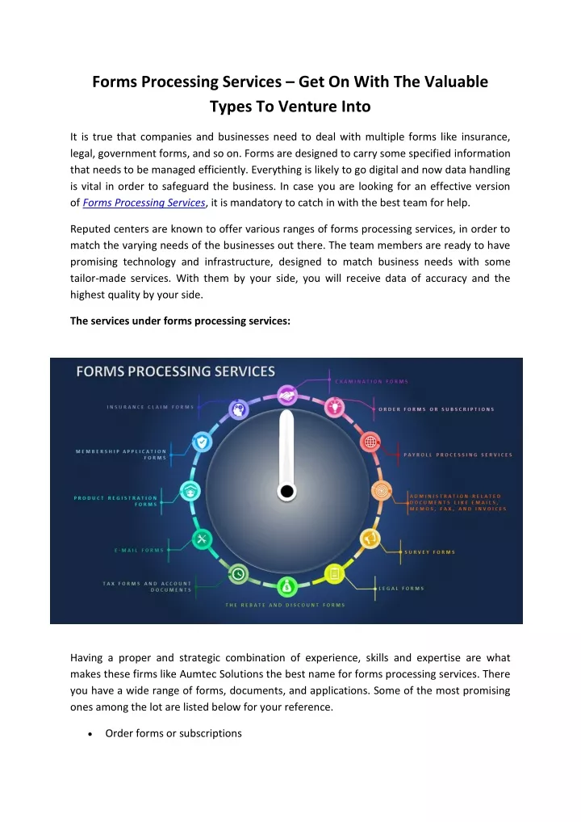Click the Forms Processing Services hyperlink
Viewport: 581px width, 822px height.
pyautogui.click(x=144, y=203)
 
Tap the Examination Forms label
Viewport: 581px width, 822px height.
pyautogui.click(x=372, y=381)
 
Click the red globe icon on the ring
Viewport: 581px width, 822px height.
pyautogui.click(x=371, y=442)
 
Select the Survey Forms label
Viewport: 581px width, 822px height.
pyautogui.click(x=429, y=552)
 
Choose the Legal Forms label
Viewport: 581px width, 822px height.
pyautogui.click(x=402, y=588)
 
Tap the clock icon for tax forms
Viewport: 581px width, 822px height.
pyautogui.click(x=238, y=573)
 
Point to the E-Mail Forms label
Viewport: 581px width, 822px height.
pyautogui.click(x=139, y=550)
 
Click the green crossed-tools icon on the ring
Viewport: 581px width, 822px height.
pyautogui.click(x=203, y=539)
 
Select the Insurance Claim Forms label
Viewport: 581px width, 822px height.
pyautogui.click(x=150, y=406)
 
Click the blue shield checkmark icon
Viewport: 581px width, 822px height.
pyautogui.click(x=202, y=442)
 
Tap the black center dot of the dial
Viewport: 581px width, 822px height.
pyautogui.click(x=286, y=491)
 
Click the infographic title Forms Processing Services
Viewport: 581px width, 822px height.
pyautogui.click(x=175, y=371)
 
